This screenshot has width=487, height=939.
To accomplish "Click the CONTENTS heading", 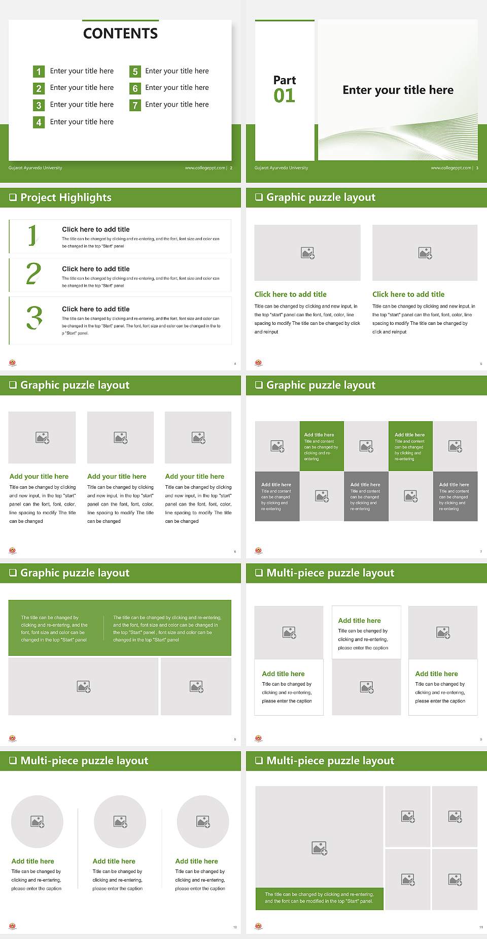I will pyautogui.click(x=120, y=33).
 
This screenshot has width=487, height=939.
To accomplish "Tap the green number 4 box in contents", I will pyautogui.click(x=39, y=122).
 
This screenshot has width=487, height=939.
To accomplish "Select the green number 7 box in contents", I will pyautogui.click(x=135, y=105).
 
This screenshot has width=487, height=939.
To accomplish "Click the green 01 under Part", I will pyautogui.click(x=284, y=96).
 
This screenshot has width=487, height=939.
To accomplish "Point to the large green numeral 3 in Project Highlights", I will pyautogui.click(x=34, y=318).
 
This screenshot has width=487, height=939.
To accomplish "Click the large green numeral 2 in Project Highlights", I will pyautogui.click(x=33, y=274).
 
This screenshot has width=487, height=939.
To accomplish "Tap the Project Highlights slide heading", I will pyautogui.click(x=65, y=197).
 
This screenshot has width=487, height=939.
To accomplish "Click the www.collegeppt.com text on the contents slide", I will pyautogui.click(x=204, y=168).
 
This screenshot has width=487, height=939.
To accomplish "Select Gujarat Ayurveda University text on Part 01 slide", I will pyautogui.click(x=281, y=168).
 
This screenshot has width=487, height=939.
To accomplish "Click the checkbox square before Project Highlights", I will pyautogui.click(x=13, y=197).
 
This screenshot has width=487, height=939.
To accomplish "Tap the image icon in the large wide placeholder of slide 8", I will pyautogui.click(x=84, y=687).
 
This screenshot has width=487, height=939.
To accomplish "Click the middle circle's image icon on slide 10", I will pyautogui.click(x=120, y=821).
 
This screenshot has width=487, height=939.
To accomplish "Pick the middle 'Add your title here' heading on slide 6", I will pyautogui.click(x=117, y=477).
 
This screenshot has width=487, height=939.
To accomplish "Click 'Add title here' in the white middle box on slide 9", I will pyautogui.click(x=359, y=620).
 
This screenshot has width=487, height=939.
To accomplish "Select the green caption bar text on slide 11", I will pyautogui.click(x=319, y=898).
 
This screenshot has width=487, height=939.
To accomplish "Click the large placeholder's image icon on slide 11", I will pyautogui.click(x=319, y=848).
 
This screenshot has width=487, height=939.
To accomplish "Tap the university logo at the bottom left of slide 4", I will pyautogui.click(x=13, y=363).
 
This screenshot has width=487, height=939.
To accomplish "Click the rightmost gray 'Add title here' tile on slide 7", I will pyautogui.click(x=455, y=496).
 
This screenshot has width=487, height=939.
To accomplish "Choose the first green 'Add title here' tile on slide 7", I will pyautogui.click(x=321, y=446).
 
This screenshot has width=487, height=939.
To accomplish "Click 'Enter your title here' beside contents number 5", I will pyautogui.click(x=177, y=71).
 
